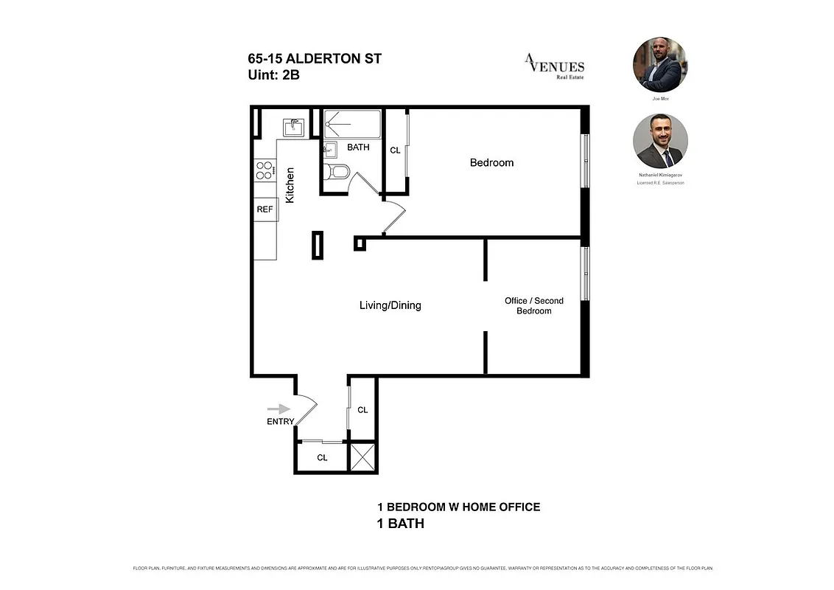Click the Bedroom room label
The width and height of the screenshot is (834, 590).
[491, 162]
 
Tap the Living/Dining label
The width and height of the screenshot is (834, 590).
[390, 305]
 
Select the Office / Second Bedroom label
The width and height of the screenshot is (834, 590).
[533, 305]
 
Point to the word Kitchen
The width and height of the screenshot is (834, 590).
[290, 185]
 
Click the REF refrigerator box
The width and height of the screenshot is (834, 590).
[264, 209]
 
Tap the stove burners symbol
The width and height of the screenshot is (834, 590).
[264, 170]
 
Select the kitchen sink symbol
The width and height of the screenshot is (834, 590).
[293, 128]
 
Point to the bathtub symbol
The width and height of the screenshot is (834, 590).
[353, 124]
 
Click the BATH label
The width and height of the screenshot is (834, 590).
[358, 147]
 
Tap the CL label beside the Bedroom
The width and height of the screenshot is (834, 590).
[395, 150]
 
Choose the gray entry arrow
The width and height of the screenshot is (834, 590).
[278, 409]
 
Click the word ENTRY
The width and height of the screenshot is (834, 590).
[280, 422]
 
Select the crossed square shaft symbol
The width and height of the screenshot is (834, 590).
[362, 457]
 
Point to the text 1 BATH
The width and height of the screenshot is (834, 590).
[400, 524]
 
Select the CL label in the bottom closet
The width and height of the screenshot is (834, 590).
[322, 457]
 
